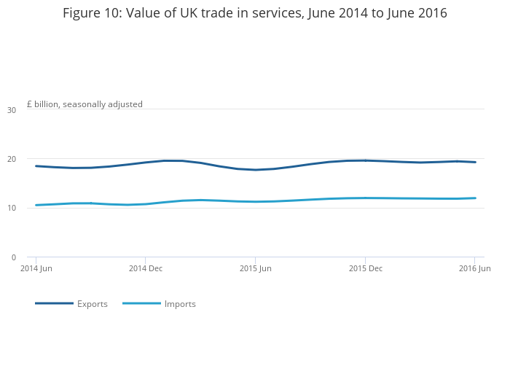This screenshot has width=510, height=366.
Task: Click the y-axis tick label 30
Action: tap(12, 110)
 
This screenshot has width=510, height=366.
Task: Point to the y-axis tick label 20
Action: tap(12, 159)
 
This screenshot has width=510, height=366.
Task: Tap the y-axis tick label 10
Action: tap(12, 209)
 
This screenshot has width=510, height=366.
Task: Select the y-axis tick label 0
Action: tap(14, 257)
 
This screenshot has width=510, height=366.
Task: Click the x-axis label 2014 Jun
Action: tap(36, 268)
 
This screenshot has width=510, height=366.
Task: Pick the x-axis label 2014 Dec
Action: tap(146, 268)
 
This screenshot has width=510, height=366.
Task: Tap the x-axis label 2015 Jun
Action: tap(255, 268)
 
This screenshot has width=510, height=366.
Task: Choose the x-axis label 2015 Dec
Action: tap(366, 268)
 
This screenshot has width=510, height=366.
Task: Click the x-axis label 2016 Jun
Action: tap(474, 268)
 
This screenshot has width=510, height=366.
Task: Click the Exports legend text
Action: tap(93, 304)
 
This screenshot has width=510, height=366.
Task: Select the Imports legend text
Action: tap(180, 304)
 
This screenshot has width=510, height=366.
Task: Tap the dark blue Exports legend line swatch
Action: tap(54, 303)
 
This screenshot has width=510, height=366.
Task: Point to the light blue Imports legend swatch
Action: tap(141, 303)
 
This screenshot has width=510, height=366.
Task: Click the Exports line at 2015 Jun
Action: tap(255, 170)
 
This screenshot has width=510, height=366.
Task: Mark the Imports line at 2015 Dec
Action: tap(366, 198)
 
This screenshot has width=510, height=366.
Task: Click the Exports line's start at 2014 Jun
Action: tap(36, 166)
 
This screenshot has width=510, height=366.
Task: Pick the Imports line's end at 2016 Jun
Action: tap(475, 198)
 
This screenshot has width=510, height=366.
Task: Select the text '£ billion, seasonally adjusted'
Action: tap(85, 104)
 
